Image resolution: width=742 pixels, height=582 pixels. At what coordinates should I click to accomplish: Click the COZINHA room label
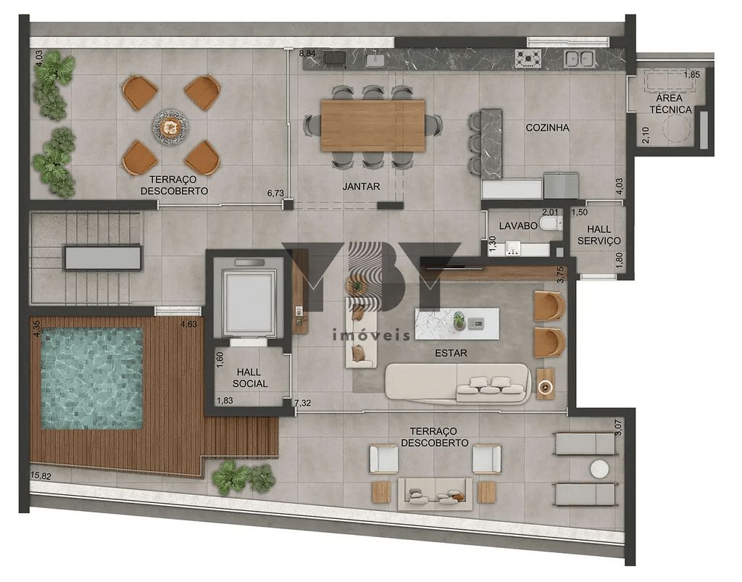tap(547, 128)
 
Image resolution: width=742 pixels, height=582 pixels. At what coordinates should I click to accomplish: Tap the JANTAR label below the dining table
tap(361, 186)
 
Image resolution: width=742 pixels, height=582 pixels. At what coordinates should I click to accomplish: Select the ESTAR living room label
tap(451, 354)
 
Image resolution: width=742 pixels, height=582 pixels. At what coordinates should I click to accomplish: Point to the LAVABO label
tap(517, 226)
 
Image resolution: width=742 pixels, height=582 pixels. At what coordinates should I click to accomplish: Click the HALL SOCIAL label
tap(251, 378)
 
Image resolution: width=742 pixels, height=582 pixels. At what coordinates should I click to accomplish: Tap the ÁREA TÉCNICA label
tap(670, 104)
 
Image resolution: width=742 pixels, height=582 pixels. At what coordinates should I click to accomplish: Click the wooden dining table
tap(372, 125)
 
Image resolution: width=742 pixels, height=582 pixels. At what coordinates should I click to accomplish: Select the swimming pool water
tap(91, 378)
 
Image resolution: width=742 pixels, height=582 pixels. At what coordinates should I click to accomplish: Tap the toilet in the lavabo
tap(551, 224)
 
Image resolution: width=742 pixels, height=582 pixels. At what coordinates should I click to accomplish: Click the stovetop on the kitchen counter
tap(528, 58)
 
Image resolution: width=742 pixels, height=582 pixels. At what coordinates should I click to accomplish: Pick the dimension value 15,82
tap(41, 475)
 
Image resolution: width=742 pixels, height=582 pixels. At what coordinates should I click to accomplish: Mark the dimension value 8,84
tap(307, 54)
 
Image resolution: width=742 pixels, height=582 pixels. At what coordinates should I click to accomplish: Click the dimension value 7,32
tap(304, 402)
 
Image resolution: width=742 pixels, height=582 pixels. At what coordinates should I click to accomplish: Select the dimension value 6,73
tap(275, 193)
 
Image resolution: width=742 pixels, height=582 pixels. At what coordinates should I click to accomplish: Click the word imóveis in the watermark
tap(370, 336)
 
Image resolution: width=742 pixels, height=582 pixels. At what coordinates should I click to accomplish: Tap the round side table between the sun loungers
tap(599, 469)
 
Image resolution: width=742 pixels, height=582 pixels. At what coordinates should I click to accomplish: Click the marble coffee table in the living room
tap(457, 323)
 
